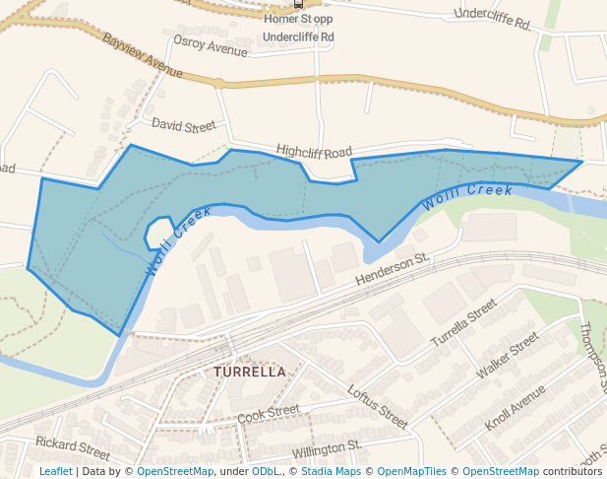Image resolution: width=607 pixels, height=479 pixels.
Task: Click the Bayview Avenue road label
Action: click(143, 58)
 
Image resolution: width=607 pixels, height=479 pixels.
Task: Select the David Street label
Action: click(183, 126)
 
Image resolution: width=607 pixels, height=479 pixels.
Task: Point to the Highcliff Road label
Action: click(314, 151)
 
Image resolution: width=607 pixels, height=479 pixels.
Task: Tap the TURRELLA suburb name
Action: click(250, 372)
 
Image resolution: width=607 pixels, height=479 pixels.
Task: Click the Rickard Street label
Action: click(72, 447)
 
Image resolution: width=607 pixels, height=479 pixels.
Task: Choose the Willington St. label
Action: click(328, 449)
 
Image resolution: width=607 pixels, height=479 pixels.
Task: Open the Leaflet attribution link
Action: click(55, 471)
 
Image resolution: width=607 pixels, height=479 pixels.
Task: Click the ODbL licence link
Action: click(266, 471)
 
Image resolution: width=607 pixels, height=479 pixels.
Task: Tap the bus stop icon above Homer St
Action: click(298, 4)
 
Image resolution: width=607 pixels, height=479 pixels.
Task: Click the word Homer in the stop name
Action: click(279, 19)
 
